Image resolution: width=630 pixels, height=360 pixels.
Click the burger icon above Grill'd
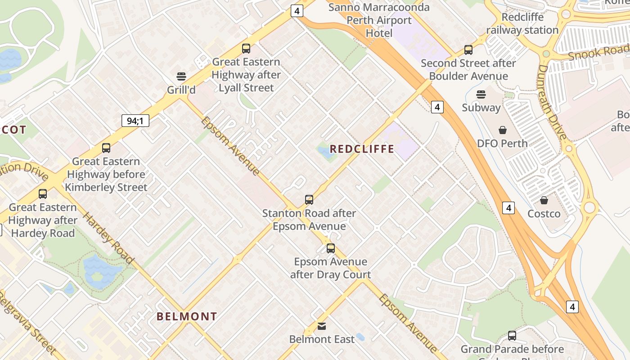click(x=181, y=76)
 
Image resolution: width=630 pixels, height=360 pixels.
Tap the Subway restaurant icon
click(x=481, y=94)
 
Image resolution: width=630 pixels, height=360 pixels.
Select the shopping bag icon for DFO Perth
click(x=503, y=130)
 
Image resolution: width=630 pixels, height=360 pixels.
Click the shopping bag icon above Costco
click(x=544, y=200)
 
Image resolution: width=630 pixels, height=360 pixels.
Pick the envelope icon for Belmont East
click(x=322, y=326)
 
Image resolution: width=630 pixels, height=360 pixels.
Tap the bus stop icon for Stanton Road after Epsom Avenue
click(x=309, y=199)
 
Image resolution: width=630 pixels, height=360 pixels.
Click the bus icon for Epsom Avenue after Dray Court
click(x=331, y=248)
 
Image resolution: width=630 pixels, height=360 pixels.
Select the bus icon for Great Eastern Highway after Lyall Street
click(x=246, y=49)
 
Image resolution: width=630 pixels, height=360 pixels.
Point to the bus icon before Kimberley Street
click(x=106, y=148)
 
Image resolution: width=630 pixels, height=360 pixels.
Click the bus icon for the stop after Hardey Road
click(x=43, y=194)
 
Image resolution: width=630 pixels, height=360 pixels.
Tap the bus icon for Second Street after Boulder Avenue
click(x=468, y=50)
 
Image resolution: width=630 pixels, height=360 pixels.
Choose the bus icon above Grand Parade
click(x=512, y=335)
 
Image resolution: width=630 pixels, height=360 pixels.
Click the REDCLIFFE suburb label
click(x=362, y=149)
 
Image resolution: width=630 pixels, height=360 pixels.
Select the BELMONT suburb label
click(x=187, y=316)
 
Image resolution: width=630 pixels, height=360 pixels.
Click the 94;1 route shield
click(x=135, y=121)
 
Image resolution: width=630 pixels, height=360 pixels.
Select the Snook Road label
click(x=598, y=53)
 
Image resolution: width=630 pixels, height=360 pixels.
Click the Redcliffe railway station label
click(x=522, y=24)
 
